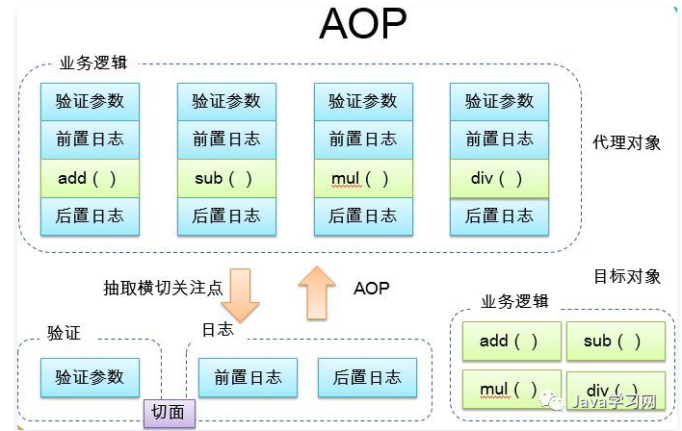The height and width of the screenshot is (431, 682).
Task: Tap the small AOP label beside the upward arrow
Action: [371, 288]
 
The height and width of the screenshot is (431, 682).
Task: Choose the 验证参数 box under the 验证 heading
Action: [90, 377]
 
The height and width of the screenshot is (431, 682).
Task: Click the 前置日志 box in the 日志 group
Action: [248, 377]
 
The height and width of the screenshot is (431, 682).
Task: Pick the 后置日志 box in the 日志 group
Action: [367, 377]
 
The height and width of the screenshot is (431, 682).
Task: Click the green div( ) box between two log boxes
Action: [499, 179]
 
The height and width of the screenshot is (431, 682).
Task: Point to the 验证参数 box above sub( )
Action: [226, 101]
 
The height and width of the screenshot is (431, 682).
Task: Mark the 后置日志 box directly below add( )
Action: [90, 216]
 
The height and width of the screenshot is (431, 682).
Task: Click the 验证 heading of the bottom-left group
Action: [64, 334]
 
